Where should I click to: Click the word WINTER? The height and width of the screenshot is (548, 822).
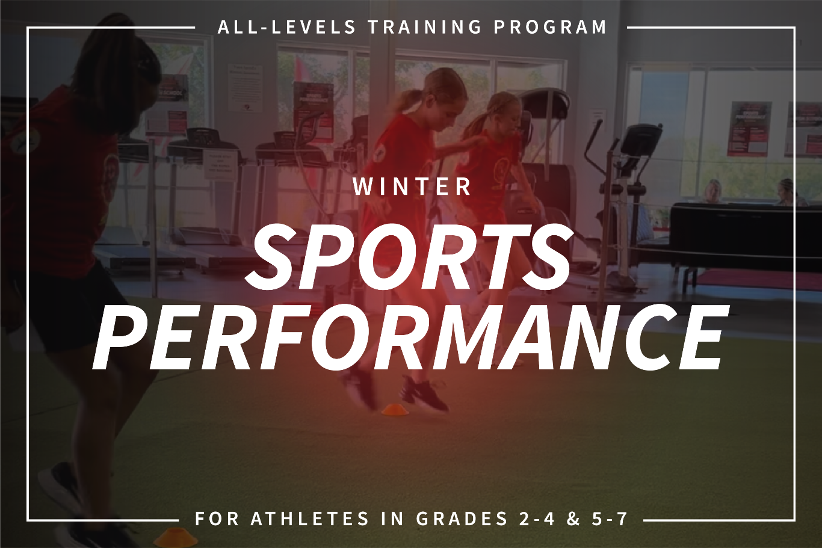412,186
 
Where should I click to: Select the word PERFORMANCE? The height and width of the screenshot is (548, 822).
410,336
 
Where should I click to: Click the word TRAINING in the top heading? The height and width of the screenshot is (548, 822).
425,27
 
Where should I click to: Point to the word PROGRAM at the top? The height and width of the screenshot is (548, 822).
550,27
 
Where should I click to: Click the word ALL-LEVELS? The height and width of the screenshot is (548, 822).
286,27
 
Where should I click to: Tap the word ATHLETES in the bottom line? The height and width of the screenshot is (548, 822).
310,519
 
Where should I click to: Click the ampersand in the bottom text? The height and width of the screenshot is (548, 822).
573,519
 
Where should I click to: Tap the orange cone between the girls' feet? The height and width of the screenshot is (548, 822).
395,410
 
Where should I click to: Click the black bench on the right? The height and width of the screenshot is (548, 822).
745,234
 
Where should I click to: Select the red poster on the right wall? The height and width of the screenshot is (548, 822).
747,129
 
